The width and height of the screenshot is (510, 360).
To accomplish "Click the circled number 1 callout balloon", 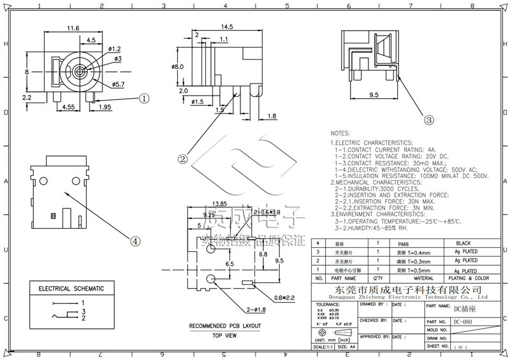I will point(144,99).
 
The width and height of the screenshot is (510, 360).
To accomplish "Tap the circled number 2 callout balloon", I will point(182,159).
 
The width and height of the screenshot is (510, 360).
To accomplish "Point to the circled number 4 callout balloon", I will point(135,241).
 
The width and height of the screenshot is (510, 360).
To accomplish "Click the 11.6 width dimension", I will point(72,28).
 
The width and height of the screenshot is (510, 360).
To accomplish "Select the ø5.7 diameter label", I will point(117,84).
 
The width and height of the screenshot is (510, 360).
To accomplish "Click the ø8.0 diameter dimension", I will point(178,66).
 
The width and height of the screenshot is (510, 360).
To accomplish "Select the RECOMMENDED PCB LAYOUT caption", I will point(216,326).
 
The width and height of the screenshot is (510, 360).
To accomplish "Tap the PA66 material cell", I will point(404,244).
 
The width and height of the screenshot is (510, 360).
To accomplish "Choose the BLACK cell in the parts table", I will point(463,244).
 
